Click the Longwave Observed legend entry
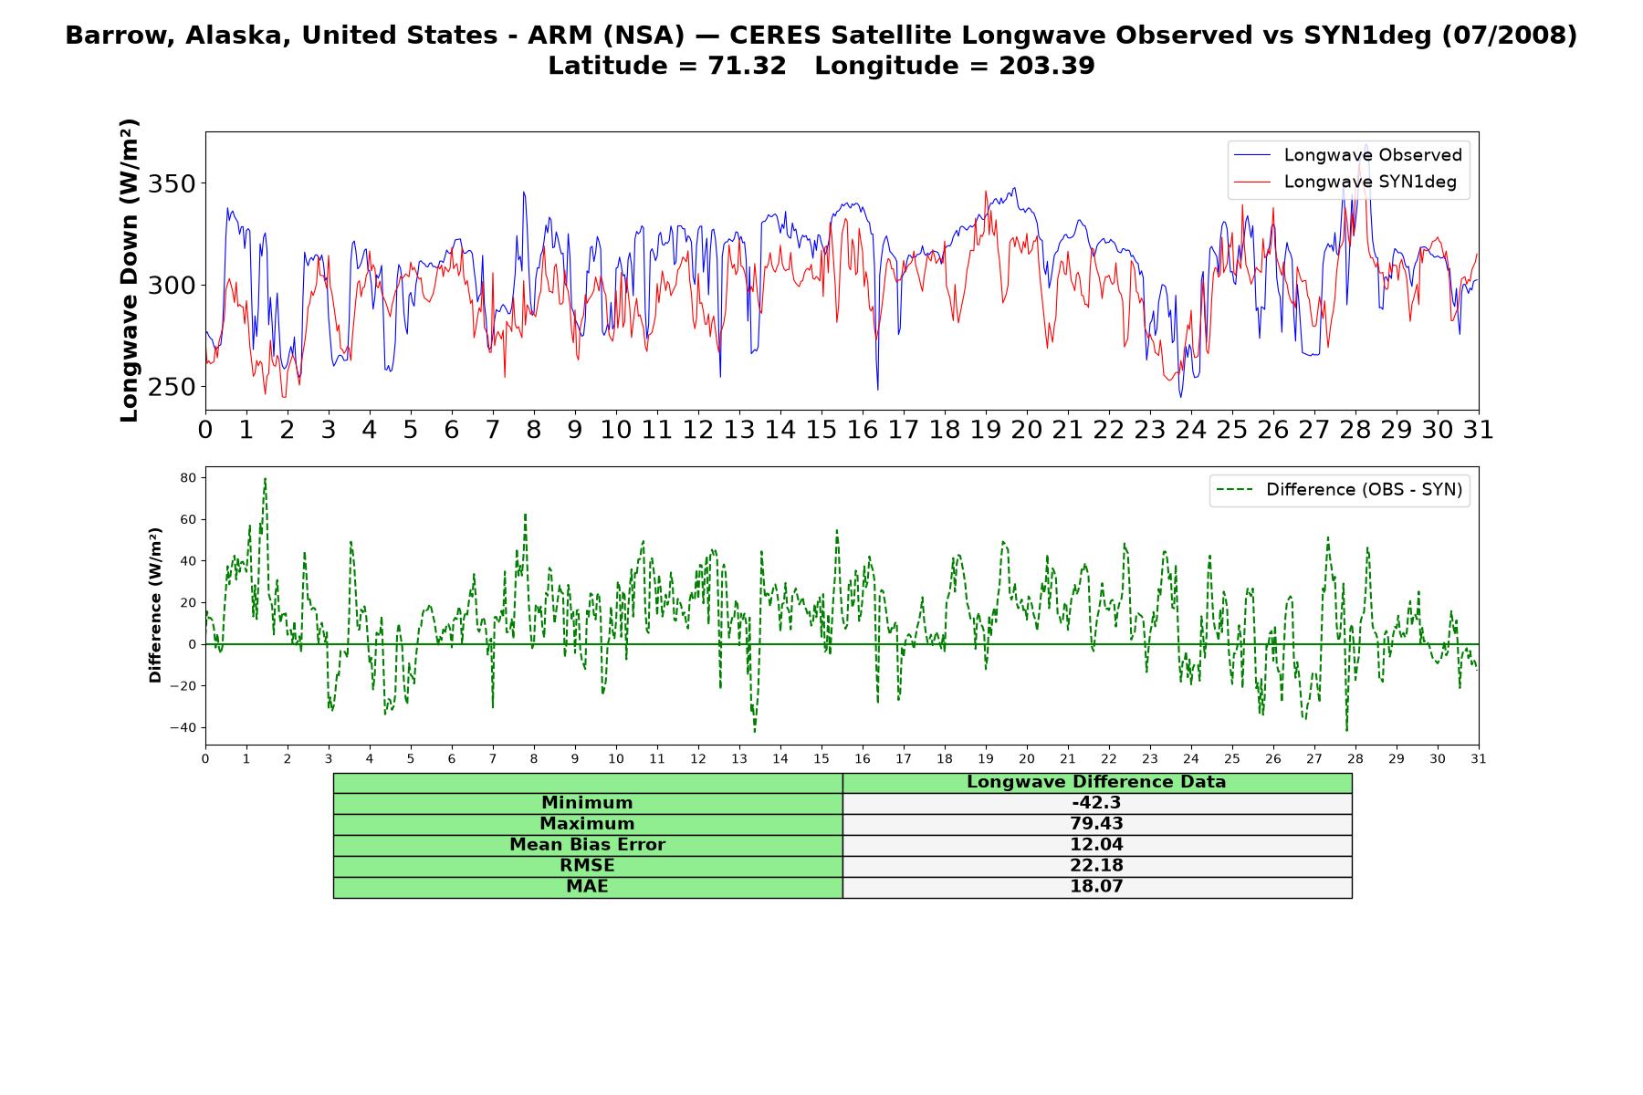[x=1347, y=155]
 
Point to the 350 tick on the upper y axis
[x=172, y=184]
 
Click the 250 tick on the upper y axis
[x=172, y=387]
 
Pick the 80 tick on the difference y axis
[x=189, y=478]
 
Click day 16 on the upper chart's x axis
[x=862, y=430]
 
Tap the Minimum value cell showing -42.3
[x=1096, y=803]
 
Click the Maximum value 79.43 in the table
[x=1096, y=824]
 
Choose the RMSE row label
[x=587, y=866]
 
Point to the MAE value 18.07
[x=1096, y=887]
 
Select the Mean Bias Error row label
[x=587, y=845]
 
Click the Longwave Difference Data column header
[x=1096, y=782]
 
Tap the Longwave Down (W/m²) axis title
[x=130, y=270]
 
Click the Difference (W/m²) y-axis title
[x=155, y=605]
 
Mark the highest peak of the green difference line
[x=265, y=478]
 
